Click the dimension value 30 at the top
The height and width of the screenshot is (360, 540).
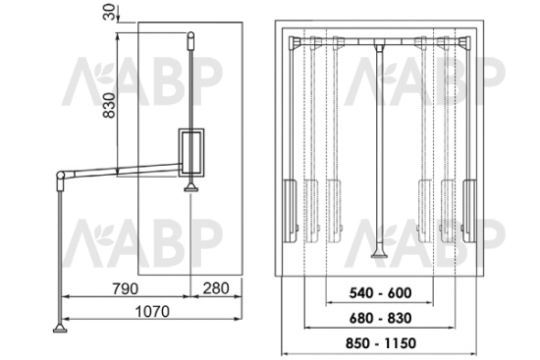click(x=110, y=12)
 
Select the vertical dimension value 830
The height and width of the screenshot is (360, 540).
click(x=110, y=105)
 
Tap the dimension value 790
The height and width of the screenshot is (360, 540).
click(x=126, y=288)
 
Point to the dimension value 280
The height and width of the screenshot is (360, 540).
click(x=216, y=288)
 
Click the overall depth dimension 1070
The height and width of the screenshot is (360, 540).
click(x=152, y=312)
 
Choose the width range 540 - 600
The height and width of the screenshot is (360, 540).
click(x=380, y=293)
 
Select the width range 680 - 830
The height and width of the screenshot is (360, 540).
click(x=380, y=318)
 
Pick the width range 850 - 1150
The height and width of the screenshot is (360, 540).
click(x=381, y=343)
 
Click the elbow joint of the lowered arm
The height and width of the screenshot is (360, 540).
click(x=61, y=176)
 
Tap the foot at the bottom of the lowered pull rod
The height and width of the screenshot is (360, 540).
click(x=60, y=329)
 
